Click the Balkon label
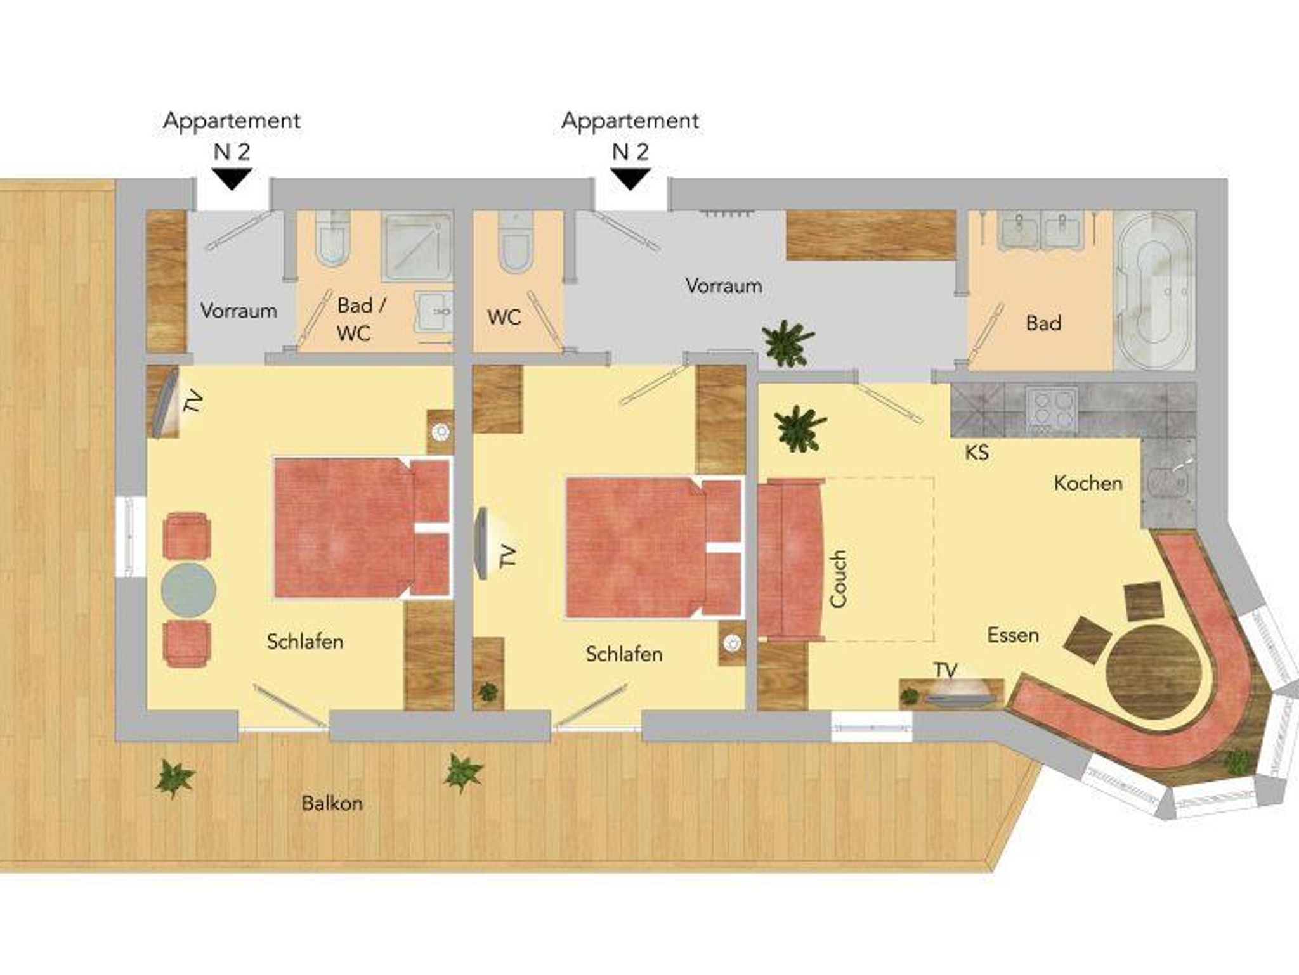pyautogui.click(x=332, y=803)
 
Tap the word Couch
pyautogui.click(x=838, y=579)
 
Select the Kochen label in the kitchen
pyautogui.click(x=1088, y=483)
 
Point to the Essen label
pyautogui.click(x=1013, y=635)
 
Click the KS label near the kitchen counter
pyautogui.click(x=977, y=452)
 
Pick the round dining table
pyautogui.click(x=1154, y=671)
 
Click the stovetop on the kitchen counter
pyautogui.click(x=1052, y=409)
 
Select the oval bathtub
pyautogui.click(x=1154, y=290)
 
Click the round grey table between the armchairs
pyautogui.click(x=188, y=589)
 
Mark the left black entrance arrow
pyautogui.click(x=232, y=179)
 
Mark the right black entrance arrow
pyautogui.click(x=630, y=179)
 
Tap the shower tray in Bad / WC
pyautogui.click(x=417, y=247)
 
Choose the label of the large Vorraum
pyautogui.click(x=724, y=286)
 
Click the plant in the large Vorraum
pyautogui.click(x=788, y=343)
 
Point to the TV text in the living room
pyautogui.click(x=945, y=670)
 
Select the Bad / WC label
pyautogui.click(x=361, y=319)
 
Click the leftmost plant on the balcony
pyautogui.click(x=174, y=778)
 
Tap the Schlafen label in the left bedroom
pyautogui.click(x=305, y=642)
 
